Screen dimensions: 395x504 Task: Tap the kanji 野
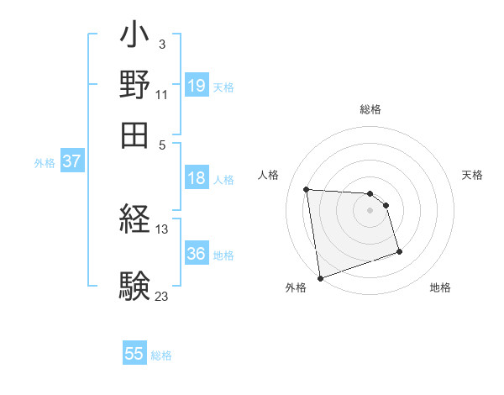134,85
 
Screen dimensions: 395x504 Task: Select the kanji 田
134,133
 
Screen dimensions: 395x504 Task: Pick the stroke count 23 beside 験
162,295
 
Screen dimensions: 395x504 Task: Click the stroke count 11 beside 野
162,94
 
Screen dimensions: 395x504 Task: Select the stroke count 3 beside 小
161,43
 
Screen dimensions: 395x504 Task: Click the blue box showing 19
197,85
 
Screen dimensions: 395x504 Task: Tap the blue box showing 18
197,178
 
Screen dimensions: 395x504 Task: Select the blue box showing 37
71,161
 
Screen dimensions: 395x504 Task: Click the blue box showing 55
134,354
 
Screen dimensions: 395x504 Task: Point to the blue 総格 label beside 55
161,355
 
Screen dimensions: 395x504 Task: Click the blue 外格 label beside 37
45,163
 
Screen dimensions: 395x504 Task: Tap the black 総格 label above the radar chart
370,110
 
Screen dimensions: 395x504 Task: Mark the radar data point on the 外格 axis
320,277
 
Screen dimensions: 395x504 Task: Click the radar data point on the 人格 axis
307,189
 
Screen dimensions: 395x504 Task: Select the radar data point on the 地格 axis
399,252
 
